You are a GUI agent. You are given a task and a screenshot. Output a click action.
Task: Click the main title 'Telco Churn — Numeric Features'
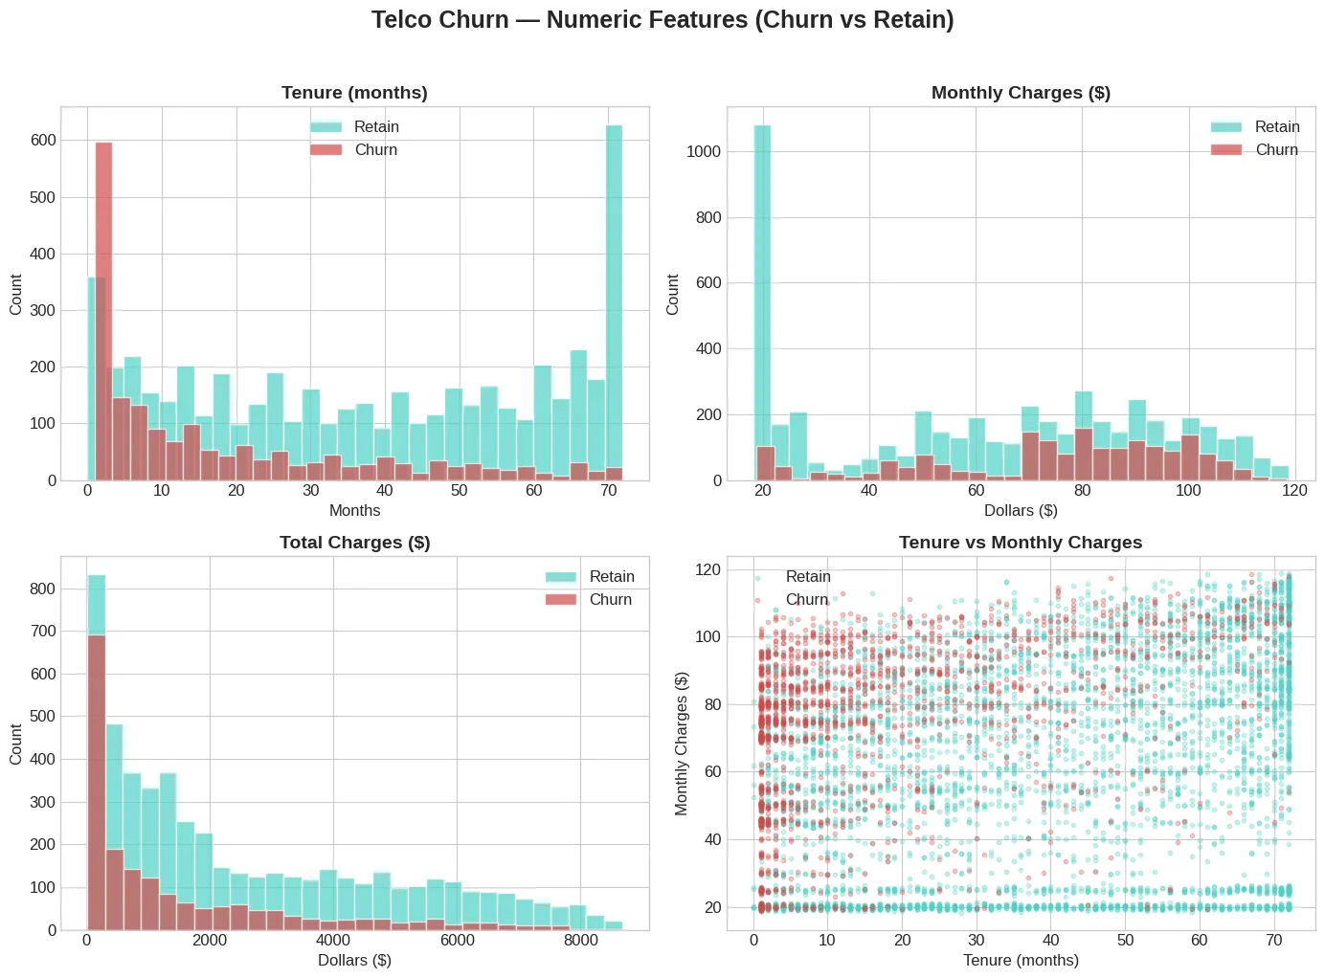pyautogui.click(x=662, y=20)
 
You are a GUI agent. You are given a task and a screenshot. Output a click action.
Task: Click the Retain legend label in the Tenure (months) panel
pyautogui.click(x=376, y=127)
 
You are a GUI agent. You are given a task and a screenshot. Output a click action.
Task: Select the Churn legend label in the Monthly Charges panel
pyautogui.click(x=1276, y=150)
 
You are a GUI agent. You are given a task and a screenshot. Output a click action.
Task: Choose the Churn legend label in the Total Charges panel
pyautogui.click(x=611, y=600)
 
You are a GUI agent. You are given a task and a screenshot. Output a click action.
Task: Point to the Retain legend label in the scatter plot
pyautogui.click(x=808, y=577)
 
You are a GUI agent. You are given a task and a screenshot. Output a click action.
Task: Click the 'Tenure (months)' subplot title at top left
pyautogui.click(x=354, y=93)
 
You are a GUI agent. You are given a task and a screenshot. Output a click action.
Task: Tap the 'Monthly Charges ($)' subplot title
pyautogui.click(x=1021, y=93)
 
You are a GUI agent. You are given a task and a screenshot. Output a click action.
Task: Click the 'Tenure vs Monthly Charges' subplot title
pyautogui.click(x=1021, y=543)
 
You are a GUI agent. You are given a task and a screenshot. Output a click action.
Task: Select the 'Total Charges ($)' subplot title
pyautogui.click(x=354, y=543)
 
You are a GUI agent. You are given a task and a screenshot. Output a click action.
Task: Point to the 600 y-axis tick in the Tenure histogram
pyautogui.click(x=44, y=141)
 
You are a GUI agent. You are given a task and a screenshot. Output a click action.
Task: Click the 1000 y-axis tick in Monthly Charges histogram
pyautogui.click(x=704, y=152)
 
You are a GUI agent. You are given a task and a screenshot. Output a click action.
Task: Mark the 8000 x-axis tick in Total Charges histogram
pyautogui.click(x=580, y=941)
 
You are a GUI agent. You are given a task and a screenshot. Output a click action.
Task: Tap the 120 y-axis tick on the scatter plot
pyautogui.click(x=709, y=570)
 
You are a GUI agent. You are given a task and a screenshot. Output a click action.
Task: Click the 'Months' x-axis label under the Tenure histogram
pyautogui.click(x=354, y=511)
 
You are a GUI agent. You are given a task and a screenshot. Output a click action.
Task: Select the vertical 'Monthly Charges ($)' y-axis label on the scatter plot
pyautogui.click(x=682, y=744)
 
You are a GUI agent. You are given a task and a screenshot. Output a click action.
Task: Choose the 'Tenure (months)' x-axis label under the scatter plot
pyautogui.click(x=1021, y=961)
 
